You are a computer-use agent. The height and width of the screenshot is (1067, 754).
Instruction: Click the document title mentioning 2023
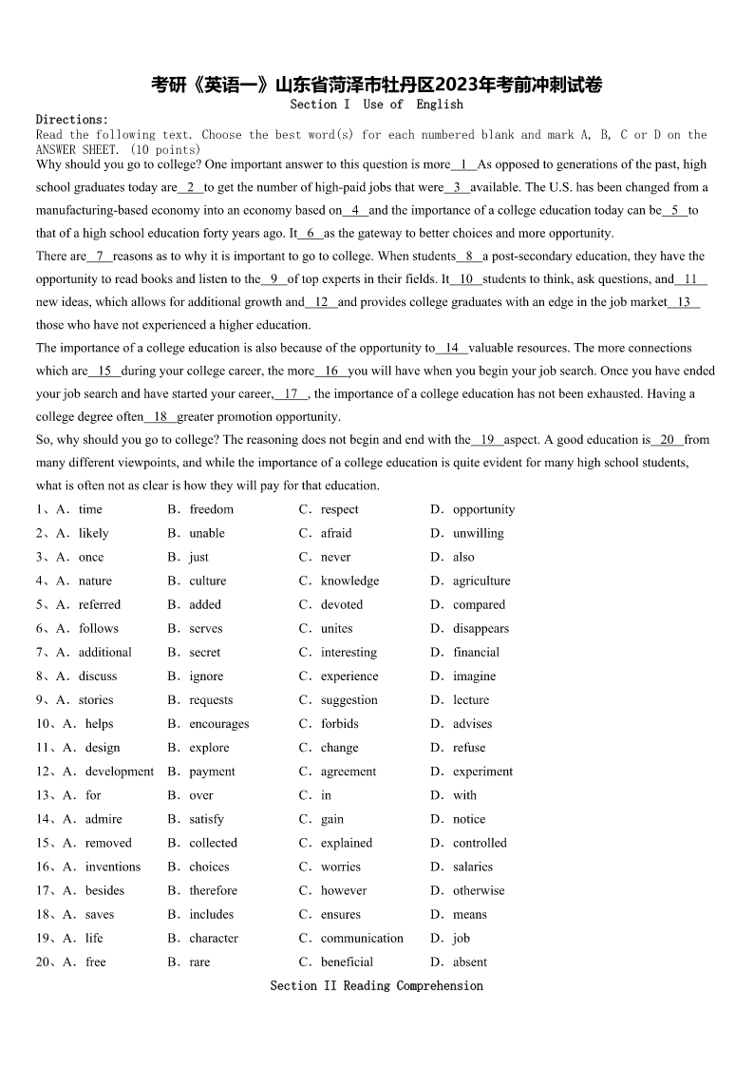point(377,85)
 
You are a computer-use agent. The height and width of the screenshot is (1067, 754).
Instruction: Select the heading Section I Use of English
point(377,105)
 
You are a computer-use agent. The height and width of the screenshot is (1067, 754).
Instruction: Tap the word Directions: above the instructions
point(72,120)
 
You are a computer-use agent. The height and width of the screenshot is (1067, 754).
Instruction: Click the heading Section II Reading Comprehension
point(377,986)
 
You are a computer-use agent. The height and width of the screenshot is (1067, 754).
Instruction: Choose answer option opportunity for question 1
point(483,509)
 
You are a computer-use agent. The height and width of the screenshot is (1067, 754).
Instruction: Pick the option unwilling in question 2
point(479,533)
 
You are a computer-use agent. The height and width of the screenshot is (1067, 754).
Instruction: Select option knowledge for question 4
point(349,581)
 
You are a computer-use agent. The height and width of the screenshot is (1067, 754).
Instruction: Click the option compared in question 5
point(479,604)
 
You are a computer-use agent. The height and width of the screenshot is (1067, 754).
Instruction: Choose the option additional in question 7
point(105,652)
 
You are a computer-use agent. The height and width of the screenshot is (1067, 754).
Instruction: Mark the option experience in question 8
point(349,676)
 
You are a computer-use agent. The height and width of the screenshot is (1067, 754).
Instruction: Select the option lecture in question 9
point(471,699)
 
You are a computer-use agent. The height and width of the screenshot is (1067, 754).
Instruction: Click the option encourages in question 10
point(219,723)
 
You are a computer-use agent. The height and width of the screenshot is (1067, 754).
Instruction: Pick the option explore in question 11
point(209,748)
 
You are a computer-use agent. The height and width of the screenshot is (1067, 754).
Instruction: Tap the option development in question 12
point(120,772)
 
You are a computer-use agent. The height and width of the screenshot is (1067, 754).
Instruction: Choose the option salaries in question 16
point(473,867)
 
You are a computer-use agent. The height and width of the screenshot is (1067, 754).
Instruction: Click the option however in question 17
point(344,890)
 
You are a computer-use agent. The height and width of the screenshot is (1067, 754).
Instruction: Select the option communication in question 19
point(362,938)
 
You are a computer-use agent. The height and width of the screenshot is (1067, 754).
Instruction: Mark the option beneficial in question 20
point(347,962)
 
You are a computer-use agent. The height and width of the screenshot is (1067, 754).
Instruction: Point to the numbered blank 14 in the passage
point(452,348)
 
